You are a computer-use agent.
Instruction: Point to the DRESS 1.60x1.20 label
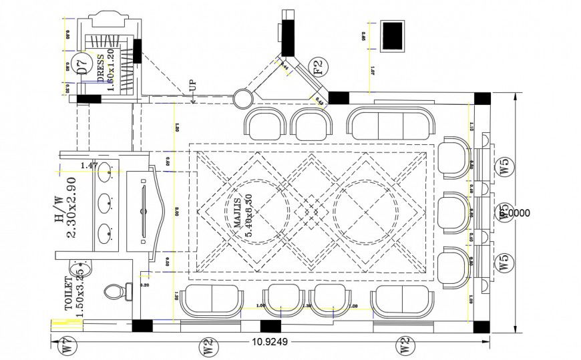106,71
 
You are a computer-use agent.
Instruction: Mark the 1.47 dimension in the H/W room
89,164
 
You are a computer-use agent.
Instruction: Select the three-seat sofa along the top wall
391,124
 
